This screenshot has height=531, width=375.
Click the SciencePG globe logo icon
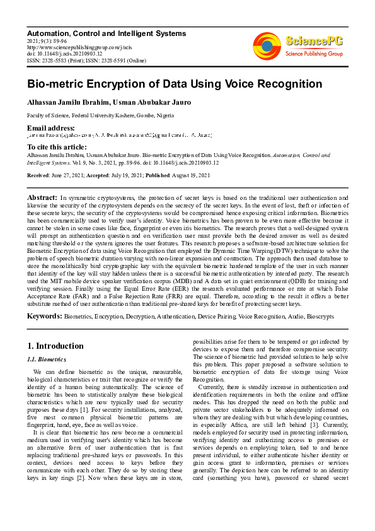(x=267, y=46)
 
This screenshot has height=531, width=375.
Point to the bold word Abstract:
(x=43, y=197)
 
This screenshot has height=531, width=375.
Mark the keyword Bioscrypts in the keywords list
(x=318, y=315)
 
